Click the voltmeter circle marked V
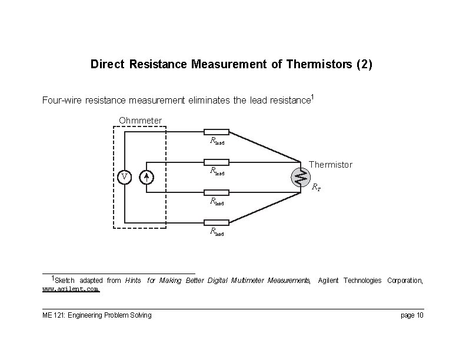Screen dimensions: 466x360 coord(124,177)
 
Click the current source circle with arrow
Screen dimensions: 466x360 coord(147,177)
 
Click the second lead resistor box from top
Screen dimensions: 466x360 coord(217,162)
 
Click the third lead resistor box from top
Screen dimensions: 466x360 coord(217,192)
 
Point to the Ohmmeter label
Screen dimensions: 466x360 coord(140,121)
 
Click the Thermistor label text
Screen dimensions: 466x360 coord(331,165)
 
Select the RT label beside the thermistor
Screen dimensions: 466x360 coord(316,188)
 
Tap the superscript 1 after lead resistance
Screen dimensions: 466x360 coord(312,97)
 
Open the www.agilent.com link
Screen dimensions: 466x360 coord(71,289)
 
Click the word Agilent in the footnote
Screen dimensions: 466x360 coord(329,281)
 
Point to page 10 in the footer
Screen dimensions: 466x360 coord(411,315)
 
